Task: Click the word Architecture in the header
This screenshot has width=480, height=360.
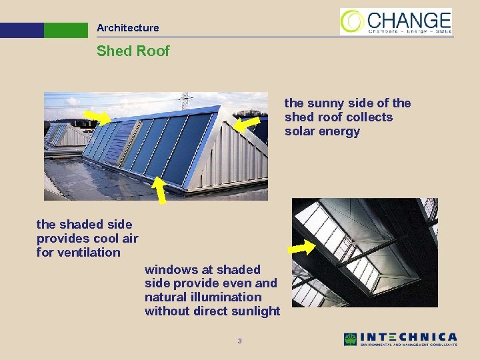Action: coord(127,28)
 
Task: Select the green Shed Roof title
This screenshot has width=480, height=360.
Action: coord(133,51)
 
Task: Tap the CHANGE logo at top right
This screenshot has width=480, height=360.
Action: coord(396,21)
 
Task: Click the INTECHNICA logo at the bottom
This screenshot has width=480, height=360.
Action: coord(400,339)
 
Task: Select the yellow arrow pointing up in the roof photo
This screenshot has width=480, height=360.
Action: coord(160,189)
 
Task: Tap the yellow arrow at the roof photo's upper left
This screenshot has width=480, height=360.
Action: coord(98,117)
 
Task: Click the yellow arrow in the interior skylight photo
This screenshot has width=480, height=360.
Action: coord(301,247)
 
